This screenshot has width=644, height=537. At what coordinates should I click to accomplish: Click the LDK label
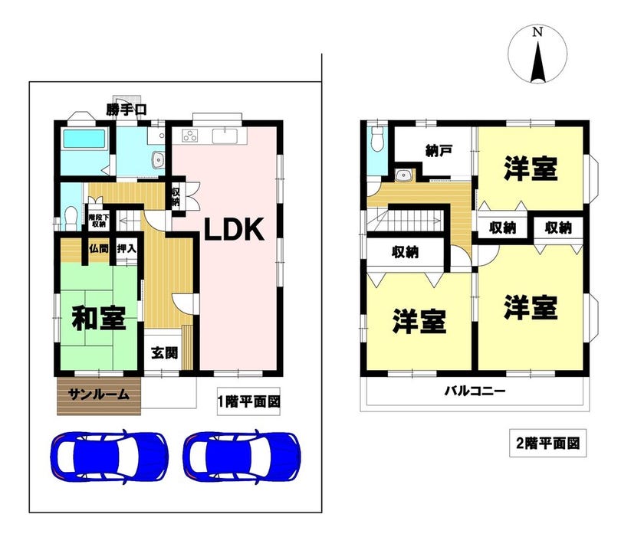pos(234,229)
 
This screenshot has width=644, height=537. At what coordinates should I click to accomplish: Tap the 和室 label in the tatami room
pos(99,319)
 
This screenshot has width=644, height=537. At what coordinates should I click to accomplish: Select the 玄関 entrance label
pos(164,353)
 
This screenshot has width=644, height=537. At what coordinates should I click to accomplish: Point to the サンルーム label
pos(99,395)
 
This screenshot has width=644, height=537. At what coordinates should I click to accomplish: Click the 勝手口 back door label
pos(127,110)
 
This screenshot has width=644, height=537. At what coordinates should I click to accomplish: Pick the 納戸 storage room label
pos(439,151)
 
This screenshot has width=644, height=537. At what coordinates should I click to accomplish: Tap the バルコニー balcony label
pos(475,391)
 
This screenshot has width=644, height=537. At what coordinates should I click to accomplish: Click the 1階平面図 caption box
pos(248,401)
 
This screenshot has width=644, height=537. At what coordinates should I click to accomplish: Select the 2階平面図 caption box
pos(548,443)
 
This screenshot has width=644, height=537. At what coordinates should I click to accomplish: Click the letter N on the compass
pos(537,32)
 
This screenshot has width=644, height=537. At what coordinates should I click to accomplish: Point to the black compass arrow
pos(537,61)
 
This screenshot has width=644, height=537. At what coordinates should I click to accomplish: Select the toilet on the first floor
pos(71,218)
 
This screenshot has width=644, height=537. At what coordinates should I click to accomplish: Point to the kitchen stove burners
pos(190,136)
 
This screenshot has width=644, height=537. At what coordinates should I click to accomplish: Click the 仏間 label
pos(98,249)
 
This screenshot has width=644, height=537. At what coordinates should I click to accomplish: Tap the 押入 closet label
pos(127,249)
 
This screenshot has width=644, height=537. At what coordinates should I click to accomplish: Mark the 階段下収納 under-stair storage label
pos(99,221)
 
